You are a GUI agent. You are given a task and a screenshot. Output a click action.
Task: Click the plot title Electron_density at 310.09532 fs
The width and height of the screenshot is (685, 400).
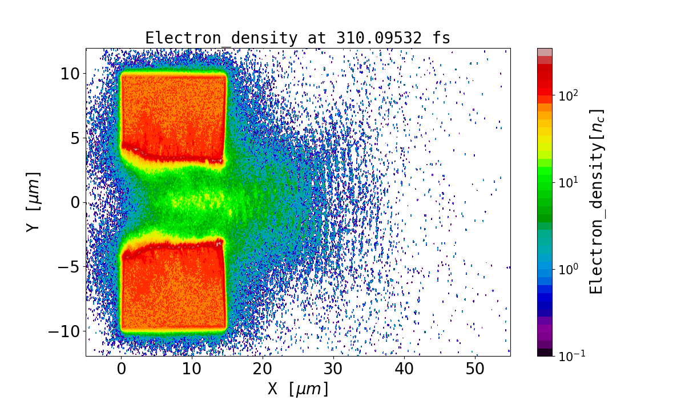tap(297, 38)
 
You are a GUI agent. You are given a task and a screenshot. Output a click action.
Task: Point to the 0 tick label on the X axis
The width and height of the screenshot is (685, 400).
tap(121, 370)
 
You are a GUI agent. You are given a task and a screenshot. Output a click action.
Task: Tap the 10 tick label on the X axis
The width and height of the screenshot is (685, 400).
tap(192, 370)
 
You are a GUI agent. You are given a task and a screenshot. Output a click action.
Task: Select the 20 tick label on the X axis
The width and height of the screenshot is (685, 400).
tap(263, 370)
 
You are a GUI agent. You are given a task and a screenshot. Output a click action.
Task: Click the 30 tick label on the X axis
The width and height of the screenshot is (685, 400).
tap(333, 370)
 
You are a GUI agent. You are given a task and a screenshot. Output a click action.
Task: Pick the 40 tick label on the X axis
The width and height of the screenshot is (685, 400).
tap(404, 370)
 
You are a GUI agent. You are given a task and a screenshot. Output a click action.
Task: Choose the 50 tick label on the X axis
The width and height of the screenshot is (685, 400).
tap(475, 370)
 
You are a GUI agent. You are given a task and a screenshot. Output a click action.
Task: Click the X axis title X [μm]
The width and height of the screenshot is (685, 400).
tap(298, 389)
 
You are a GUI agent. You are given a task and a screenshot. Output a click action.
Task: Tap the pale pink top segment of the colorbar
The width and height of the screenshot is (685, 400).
tap(545, 52)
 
